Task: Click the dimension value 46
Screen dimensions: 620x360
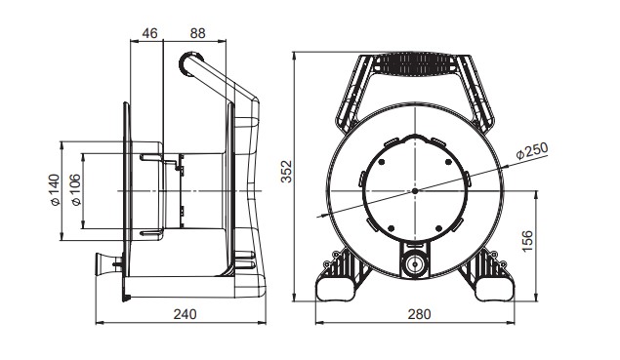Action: (149, 33)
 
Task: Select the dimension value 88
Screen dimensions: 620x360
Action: (197, 33)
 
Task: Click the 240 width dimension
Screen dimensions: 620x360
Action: (185, 314)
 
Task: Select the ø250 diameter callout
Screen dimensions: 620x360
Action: (532, 150)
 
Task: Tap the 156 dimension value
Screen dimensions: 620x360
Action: (527, 241)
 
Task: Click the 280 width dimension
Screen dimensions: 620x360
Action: (419, 314)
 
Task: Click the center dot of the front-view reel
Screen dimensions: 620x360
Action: (415, 191)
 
